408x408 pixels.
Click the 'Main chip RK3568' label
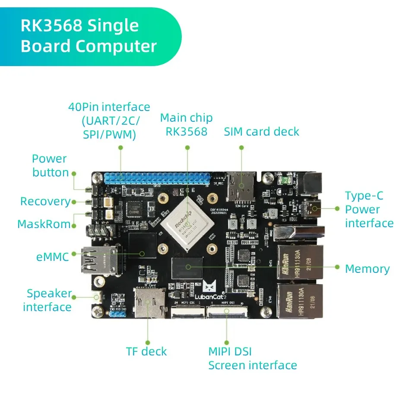click(x=187, y=125)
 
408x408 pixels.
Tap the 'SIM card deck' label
click(x=261, y=132)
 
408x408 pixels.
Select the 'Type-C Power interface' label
click(x=369, y=209)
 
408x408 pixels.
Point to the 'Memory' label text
click(x=367, y=269)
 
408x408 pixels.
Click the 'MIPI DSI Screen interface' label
click(x=253, y=358)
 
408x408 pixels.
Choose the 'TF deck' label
click(x=146, y=351)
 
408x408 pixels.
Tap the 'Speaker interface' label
click(x=47, y=300)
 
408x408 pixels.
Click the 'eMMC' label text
click(x=53, y=257)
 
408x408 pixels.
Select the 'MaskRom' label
click(x=43, y=224)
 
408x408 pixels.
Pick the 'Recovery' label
click(x=45, y=202)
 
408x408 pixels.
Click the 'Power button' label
click(x=50, y=166)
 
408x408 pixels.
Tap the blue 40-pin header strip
click(x=157, y=178)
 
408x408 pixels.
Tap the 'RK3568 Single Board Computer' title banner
click(x=89, y=36)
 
